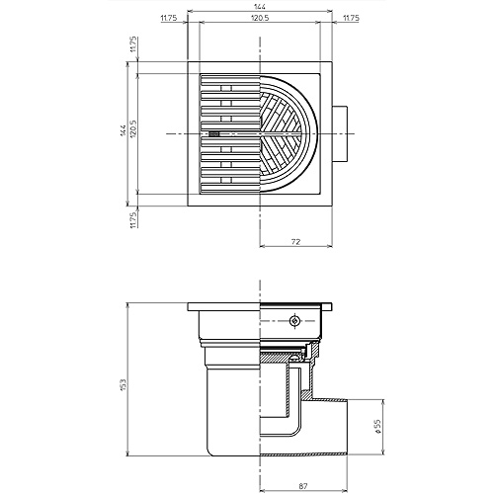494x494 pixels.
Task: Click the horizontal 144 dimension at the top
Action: coord(260,6)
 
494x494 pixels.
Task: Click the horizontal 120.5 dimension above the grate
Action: coord(260,18)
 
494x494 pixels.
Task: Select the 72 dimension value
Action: coord(294,240)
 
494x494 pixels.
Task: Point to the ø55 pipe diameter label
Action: coord(377,427)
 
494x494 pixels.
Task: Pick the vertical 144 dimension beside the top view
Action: coord(123,132)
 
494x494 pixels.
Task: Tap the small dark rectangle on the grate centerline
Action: coord(214,133)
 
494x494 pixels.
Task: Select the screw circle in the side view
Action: coord(293,322)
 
